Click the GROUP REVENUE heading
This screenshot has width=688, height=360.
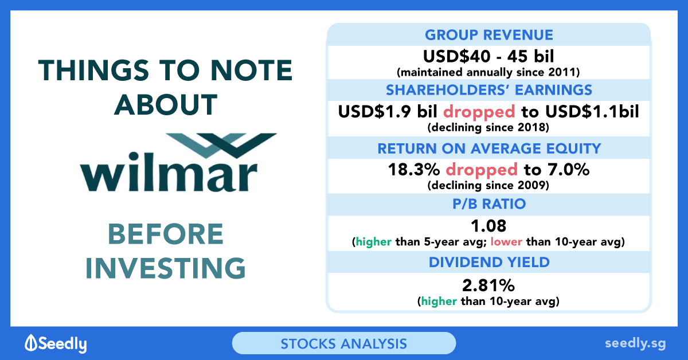(489, 35)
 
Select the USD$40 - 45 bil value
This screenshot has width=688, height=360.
(488, 56)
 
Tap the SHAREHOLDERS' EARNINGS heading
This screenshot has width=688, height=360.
(489, 90)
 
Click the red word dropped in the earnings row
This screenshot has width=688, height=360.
(479, 112)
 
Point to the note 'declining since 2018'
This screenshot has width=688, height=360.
(488, 127)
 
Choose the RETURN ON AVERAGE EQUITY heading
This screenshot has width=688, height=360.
(489, 148)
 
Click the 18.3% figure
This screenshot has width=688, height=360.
(414, 170)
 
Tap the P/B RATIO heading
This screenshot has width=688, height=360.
(489, 204)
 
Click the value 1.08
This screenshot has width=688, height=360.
(488, 226)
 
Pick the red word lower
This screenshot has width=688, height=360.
(506, 242)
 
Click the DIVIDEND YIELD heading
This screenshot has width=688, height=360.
(489, 263)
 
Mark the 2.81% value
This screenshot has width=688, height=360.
(488, 285)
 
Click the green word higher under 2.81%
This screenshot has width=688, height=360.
(439, 302)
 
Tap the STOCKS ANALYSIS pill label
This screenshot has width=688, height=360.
(343, 344)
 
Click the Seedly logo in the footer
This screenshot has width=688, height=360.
(56, 343)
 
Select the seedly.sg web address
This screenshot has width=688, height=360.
(635, 344)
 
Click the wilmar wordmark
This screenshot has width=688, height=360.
(169, 172)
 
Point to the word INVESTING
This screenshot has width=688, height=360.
(166, 268)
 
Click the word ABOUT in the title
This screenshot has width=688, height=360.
(166, 104)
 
